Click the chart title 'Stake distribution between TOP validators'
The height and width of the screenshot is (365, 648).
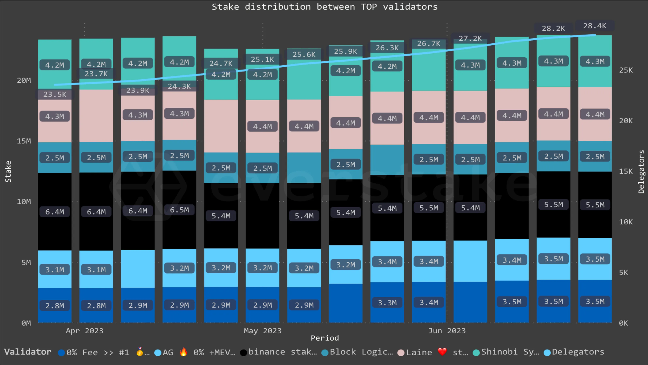tap(324, 7)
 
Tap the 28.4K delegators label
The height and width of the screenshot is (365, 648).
tap(595, 26)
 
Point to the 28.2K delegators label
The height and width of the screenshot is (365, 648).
tap(553, 28)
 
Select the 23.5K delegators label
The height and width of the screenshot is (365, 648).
tap(55, 94)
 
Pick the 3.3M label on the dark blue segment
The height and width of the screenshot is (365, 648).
tap(387, 303)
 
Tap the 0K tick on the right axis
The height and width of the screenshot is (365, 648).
tap(623, 323)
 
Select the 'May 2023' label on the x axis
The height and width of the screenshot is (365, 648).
tap(262, 331)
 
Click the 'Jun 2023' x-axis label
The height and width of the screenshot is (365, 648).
tap(447, 331)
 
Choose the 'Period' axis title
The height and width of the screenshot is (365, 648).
tap(324, 338)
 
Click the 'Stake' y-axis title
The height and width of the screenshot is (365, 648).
tap(8, 172)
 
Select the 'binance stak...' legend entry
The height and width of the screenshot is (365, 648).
tap(279, 352)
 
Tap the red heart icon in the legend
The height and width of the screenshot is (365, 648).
tap(442, 352)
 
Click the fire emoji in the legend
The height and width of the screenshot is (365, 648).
tap(183, 352)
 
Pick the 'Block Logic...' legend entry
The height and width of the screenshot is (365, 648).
tap(357, 352)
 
